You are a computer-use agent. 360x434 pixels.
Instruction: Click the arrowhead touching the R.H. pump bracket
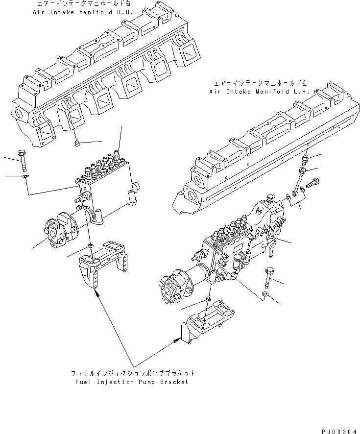click(97, 293)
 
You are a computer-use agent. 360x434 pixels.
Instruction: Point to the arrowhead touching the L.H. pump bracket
click(177, 339)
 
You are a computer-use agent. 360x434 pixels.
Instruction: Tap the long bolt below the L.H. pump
click(269, 276)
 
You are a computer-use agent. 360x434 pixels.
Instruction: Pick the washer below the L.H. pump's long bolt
click(265, 295)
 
